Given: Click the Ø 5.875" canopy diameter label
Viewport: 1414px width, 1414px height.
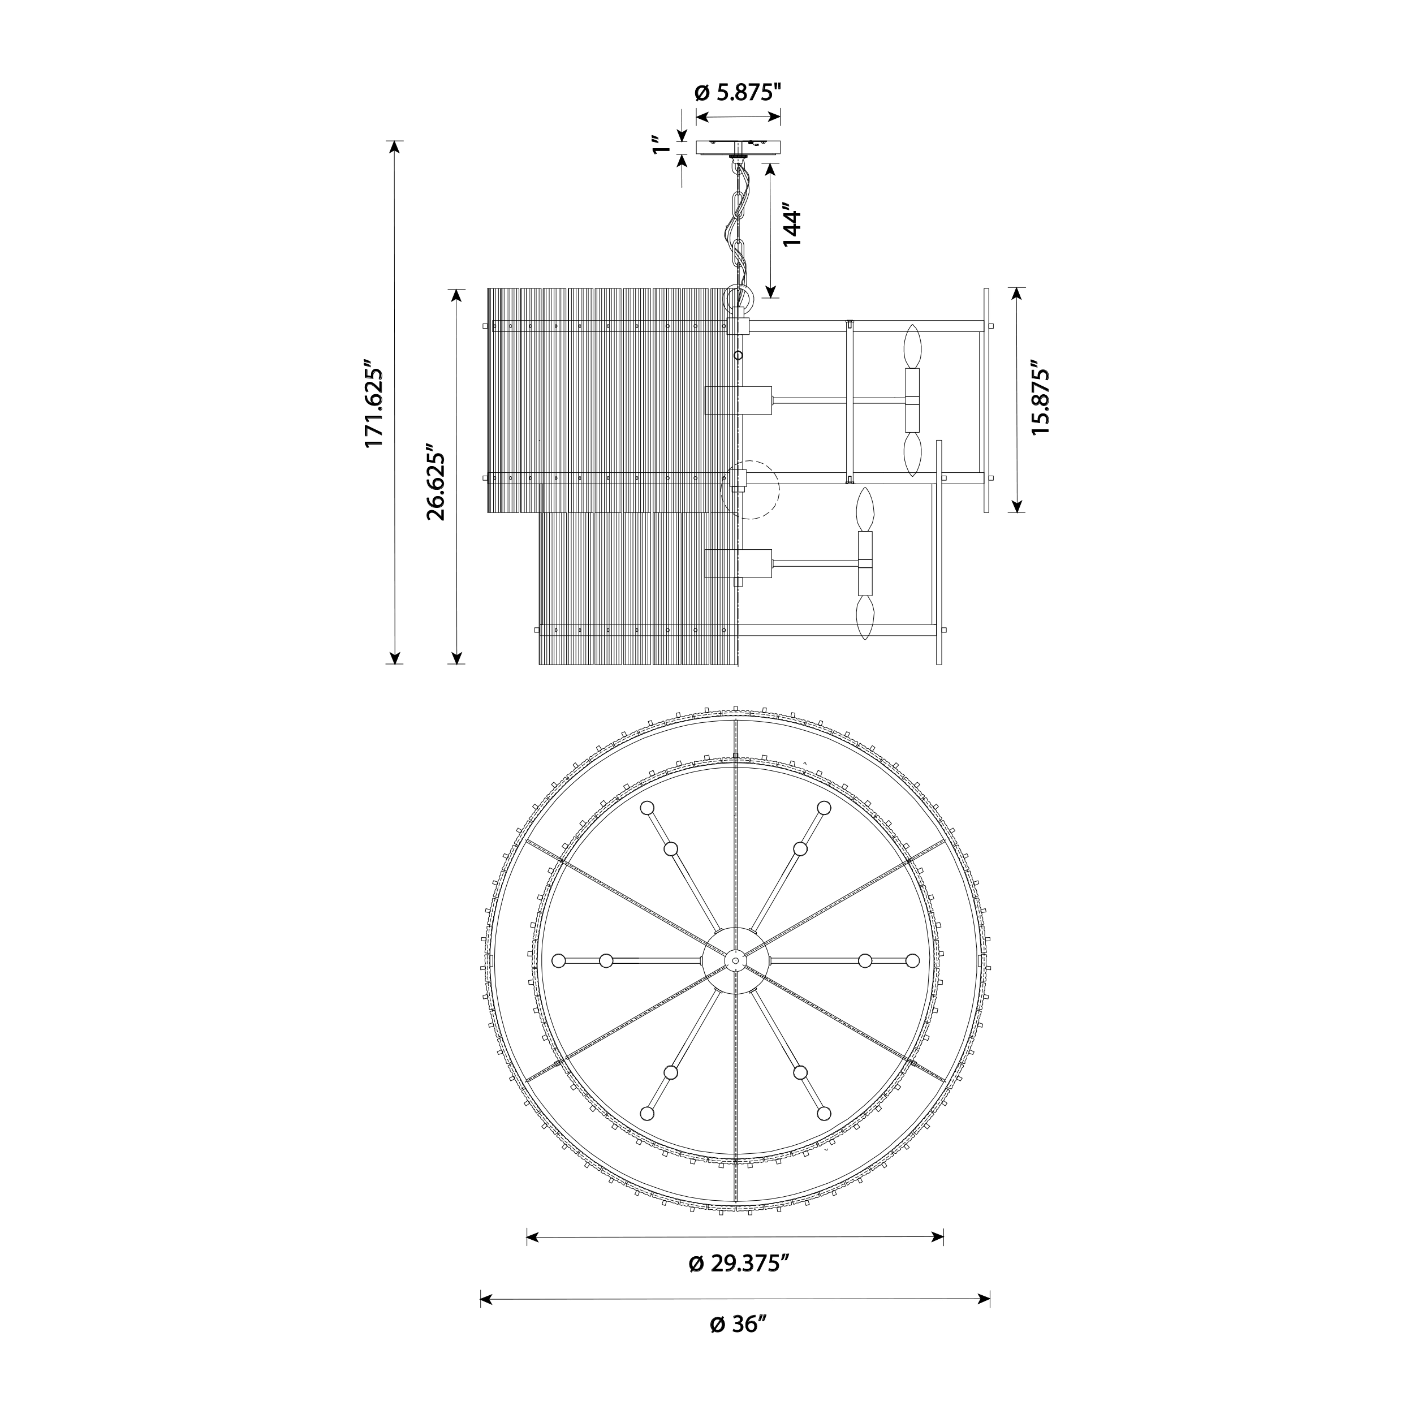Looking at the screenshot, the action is [x=738, y=93].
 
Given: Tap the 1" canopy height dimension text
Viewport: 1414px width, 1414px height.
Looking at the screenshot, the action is [x=663, y=145].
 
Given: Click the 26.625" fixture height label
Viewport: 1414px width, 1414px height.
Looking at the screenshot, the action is [x=436, y=481].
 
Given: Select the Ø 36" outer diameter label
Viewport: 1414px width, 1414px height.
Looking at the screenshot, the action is [x=737, y=1344].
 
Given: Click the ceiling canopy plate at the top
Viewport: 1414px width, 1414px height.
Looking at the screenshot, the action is [x=738, y=147].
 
